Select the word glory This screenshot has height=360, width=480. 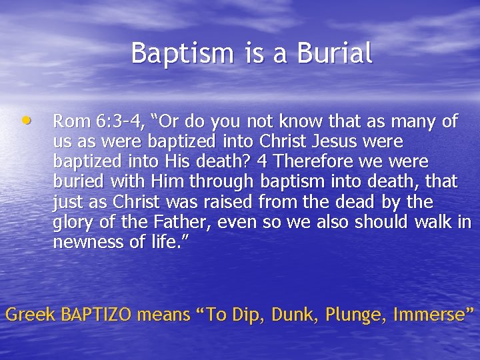coord(72,222)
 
